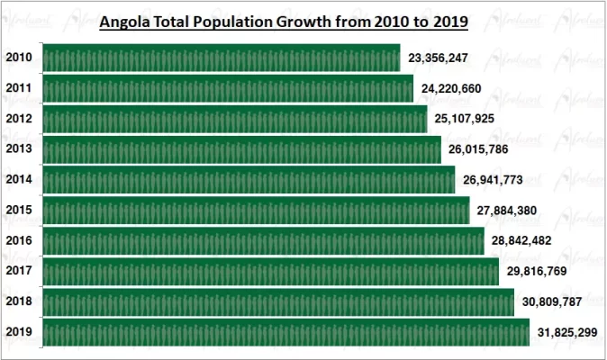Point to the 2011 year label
pos(19,89)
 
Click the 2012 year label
pos(19,119)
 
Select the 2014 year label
pos(19,179)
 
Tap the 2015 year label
pos(19,210)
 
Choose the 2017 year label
pos(19,270)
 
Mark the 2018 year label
pos(19,301)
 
